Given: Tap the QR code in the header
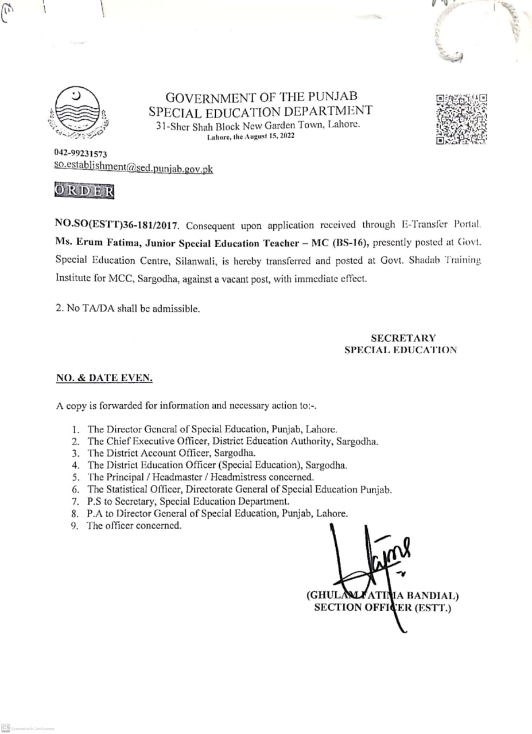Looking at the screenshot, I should pos(461,118).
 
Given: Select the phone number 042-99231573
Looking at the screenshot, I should pos(80,154).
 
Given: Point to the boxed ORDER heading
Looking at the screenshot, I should pos(84,191).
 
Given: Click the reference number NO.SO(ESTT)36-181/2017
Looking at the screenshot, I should pos(117,225).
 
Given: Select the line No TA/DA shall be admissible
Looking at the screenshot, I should pos(127,308).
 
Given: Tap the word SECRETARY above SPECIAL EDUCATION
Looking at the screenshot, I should pos(403,338).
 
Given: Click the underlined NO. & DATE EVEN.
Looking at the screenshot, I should pos(104,378).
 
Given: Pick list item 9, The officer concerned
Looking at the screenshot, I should pos(134,525).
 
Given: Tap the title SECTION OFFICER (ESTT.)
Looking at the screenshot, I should pos(383,607).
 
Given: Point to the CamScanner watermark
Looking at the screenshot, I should pos(29,728).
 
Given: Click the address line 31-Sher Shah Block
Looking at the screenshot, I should pos(258,125).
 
